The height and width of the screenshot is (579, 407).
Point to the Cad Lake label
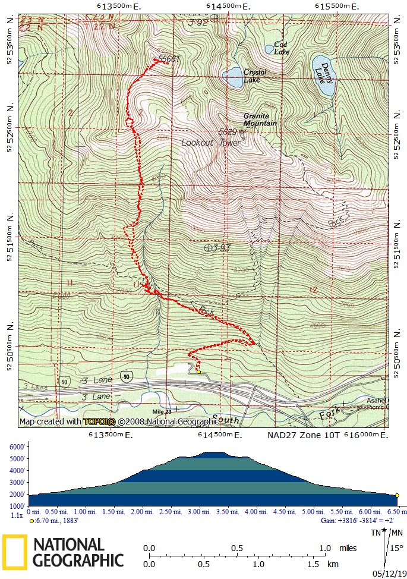(282, 48)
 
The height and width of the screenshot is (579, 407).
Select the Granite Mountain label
(260, 119)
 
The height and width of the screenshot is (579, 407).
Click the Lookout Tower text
(211, 143)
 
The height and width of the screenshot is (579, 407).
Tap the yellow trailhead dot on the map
(199, 372)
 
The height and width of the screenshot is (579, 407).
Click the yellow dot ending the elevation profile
(397, 495)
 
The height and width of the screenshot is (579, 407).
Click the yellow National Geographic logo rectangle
(14, 552)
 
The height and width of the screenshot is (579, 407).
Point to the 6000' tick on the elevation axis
(16, 448)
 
